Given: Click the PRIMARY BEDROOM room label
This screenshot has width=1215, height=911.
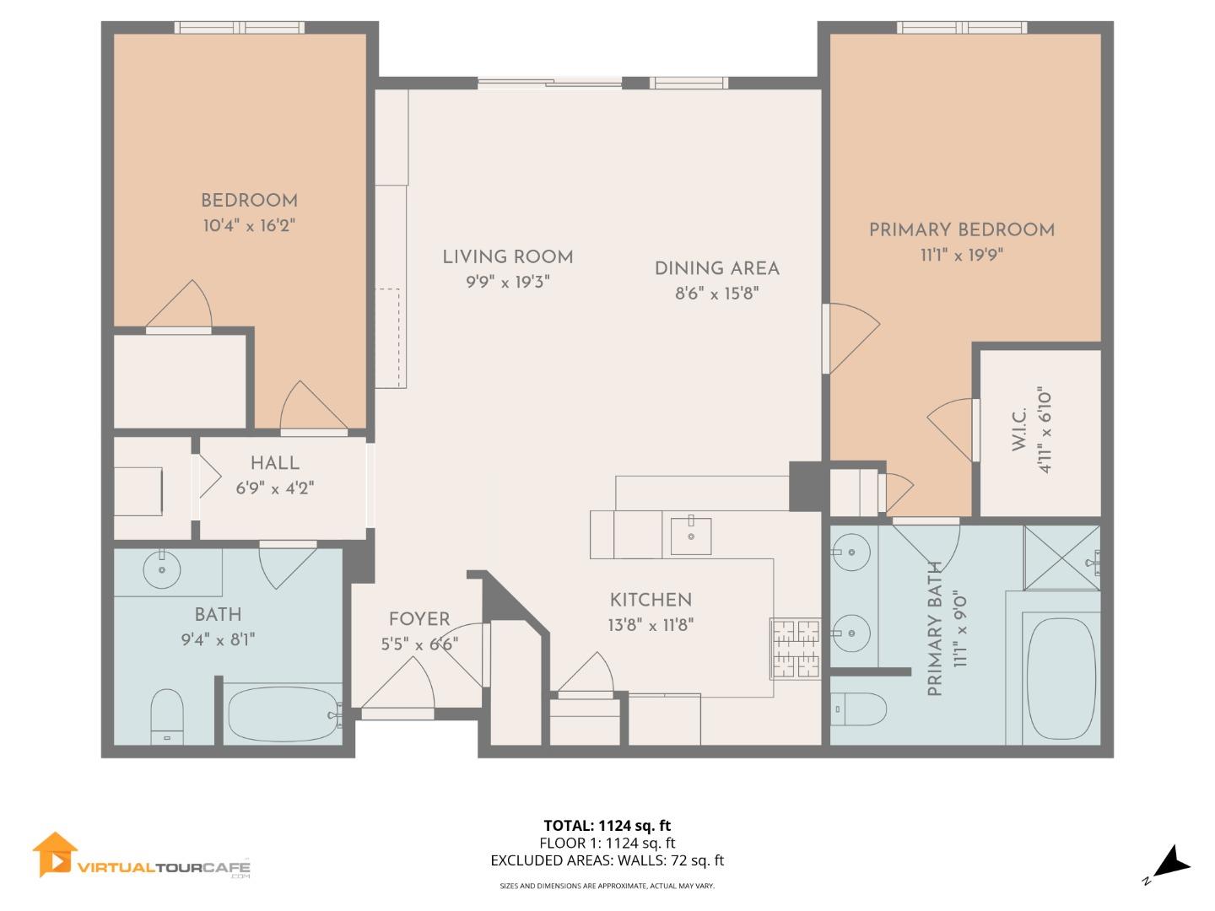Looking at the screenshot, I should [961, 229].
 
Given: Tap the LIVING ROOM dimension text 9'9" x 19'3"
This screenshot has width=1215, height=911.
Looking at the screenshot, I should [508, 283].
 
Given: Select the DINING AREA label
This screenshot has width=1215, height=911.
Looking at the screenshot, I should [716, 268].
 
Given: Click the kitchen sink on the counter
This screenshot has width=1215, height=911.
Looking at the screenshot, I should [690, 536].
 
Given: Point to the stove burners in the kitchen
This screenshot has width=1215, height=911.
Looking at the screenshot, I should [794, 649].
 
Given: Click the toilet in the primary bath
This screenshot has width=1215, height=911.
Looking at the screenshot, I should [859, 709].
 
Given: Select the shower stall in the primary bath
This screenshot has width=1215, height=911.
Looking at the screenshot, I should [1061, 557].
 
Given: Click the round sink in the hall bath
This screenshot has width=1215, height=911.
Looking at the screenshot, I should [161, 571].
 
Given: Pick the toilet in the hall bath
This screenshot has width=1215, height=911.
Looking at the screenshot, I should [167, 714].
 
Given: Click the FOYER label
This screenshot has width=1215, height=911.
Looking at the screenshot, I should [419, 619].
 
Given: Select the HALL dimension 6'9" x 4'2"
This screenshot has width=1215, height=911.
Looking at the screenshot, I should [275, 488].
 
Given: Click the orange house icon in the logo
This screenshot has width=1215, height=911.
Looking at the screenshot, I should [54, 854].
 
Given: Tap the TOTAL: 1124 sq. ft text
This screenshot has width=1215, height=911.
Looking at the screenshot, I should [607, 825].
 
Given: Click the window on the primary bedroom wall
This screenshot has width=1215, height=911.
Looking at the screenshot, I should [962, 28].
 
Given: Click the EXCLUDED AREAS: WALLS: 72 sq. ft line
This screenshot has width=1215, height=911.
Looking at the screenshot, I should [607, 860].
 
